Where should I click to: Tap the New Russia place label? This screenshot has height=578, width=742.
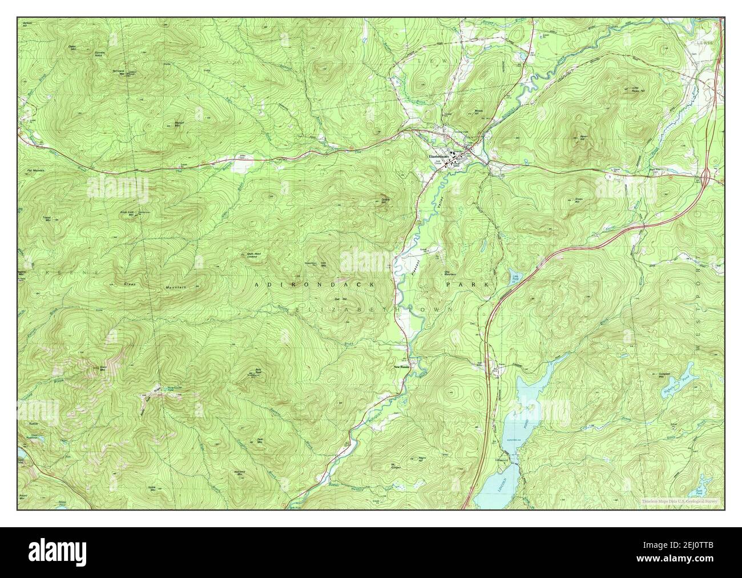pyautogui.click(x=402, y=367)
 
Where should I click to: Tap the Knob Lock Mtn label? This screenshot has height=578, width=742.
pyautogui.click(x=126, y=212)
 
